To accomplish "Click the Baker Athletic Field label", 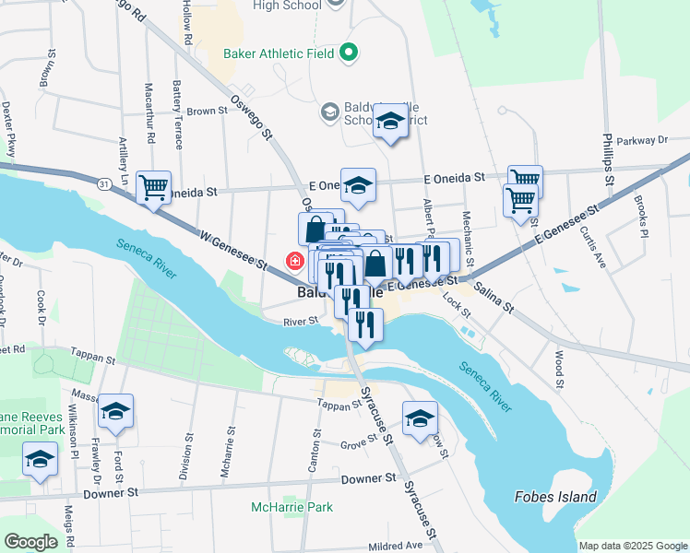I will pyautogui.click(x=279, y=53).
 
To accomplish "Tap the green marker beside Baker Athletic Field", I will pyautogui.click(x=348, y=53).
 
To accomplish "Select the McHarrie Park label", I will pyautogui.click(x=291, y=507).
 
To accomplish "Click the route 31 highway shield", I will pyautogui.click(x=103, y=184).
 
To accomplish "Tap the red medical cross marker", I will pyautogui.click(x=295, y=261).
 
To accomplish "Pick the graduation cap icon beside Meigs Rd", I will pyautogui.click(x=41, y=459).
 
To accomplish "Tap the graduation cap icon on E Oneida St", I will pyautogui.click(x=358, y=183).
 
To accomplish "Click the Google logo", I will pyautogui.click(x=31, y=541).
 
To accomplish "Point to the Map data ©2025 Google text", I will pyautogui.click(x=632, y=546).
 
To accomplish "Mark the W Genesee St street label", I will pyautogui.click(x=233, y=250).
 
